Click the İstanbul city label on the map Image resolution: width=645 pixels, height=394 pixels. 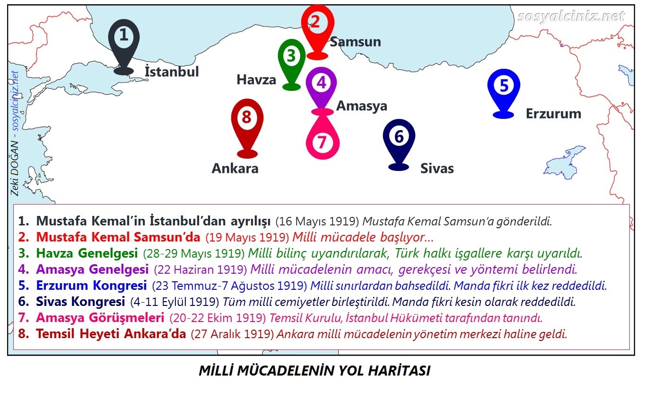172,72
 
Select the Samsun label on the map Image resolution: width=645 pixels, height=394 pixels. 355,42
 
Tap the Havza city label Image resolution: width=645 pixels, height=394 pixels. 256,80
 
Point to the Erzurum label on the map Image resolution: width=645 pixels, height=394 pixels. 553,114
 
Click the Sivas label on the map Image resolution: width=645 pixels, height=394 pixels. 437,168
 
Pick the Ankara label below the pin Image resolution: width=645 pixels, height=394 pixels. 235,168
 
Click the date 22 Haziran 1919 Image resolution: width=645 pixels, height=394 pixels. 200,270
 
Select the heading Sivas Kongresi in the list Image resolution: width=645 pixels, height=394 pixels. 80,301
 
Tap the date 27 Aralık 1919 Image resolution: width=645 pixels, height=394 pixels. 232,334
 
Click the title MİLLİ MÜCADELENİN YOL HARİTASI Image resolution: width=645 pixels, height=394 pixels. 314,371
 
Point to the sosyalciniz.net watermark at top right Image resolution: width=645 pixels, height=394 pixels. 571,17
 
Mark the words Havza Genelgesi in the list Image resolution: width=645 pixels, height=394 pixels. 87,253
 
